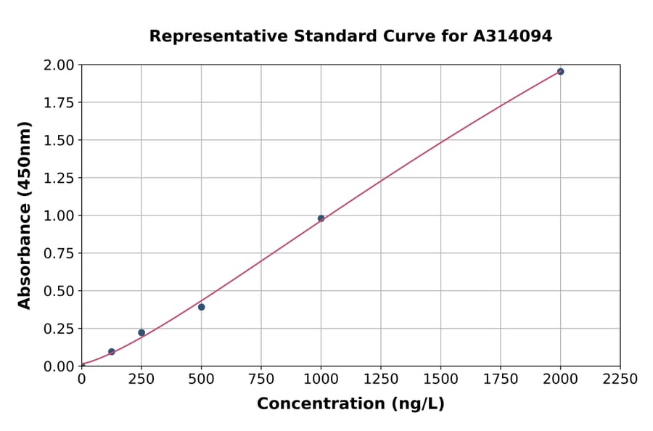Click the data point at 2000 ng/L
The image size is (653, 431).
tap(560, 72)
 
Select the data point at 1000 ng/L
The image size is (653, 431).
tap(321, 218)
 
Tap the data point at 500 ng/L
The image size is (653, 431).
tap(201, 307)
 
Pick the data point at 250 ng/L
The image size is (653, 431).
tap(141, 332)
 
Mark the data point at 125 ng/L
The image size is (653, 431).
tap(112, 352)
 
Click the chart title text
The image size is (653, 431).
tap(350, 36)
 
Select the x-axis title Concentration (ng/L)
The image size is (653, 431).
tap(350, 404)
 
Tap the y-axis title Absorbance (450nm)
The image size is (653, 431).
tap(25, 215)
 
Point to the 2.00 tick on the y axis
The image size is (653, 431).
tap(59, 65)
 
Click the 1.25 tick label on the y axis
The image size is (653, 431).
tap(59, 178)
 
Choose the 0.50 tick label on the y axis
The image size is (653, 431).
tap(59, 291)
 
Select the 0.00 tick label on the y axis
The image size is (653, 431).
tap(59, 366)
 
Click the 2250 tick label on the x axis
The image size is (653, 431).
tap(620, 379)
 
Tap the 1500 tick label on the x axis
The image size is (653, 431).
tap(440, 379)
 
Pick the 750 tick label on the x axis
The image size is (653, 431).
tap(261, 379)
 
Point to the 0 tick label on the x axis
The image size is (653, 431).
tap(81, 379)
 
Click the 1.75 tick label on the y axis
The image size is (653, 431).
tap(59, 103)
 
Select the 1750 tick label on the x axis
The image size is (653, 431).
tap(501, 379)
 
